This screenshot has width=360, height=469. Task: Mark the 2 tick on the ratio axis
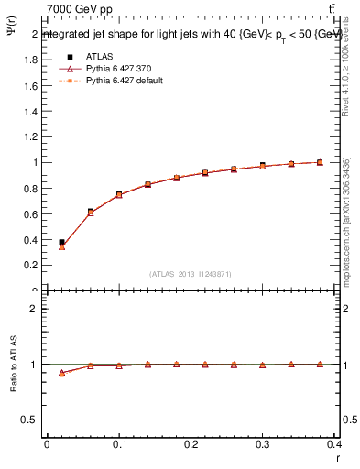tap(35, 309)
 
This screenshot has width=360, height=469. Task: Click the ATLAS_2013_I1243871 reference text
tap(191, 275)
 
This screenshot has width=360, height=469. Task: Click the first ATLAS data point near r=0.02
tap(61, 242)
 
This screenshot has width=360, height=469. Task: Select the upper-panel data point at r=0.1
tap(119, 194)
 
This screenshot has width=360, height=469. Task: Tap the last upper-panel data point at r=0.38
tap(320, 162)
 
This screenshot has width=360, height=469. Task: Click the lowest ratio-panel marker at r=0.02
tap(61, 373)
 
